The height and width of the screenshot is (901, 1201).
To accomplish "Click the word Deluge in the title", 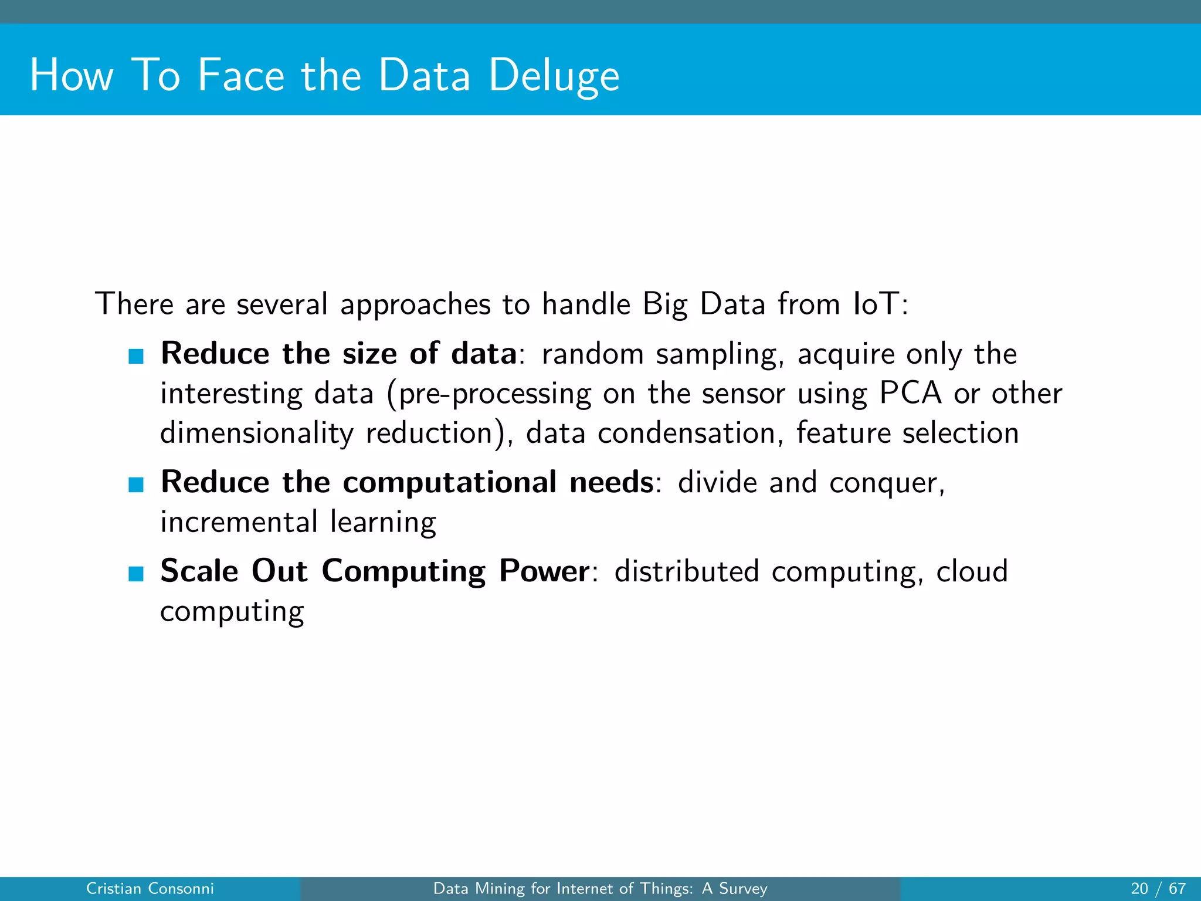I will pyautogui.click(x=554, y=76).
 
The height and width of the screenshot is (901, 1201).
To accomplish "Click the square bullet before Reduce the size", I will pyautogui.click(x=136, y=356).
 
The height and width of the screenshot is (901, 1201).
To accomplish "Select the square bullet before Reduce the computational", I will pyautogui.click(x=136, y=485).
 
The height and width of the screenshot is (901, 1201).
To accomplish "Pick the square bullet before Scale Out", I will pyautogui.click(x=136, y=574).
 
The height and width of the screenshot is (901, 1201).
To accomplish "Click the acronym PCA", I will pyautogui.click(x=910, y=393).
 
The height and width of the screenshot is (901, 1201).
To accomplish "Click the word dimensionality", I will pyautogui.click(x=257, y=434).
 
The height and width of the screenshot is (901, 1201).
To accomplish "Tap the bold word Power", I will pyautogui.click(x=544, y=571).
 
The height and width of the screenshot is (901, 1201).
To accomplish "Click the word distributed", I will pyautogui.click(x=686, y=571).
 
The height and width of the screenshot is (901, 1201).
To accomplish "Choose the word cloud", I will pyautogui.click(x=972, y=571).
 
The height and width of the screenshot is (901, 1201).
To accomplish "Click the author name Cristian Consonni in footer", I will pyautogui.click(x=150, y=889).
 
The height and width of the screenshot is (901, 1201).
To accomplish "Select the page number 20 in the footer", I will pyautogui.click(x=1139, y=889).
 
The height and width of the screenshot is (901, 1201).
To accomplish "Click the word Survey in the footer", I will pyautogui.click(x=743, y=889).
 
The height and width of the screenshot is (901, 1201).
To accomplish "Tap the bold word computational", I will pyautogui.click(x=449, y=483).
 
